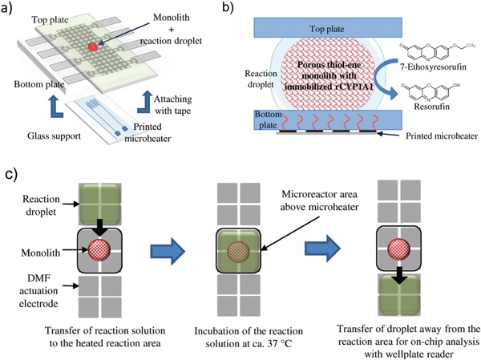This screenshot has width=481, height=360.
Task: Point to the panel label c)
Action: click(11, 171)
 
